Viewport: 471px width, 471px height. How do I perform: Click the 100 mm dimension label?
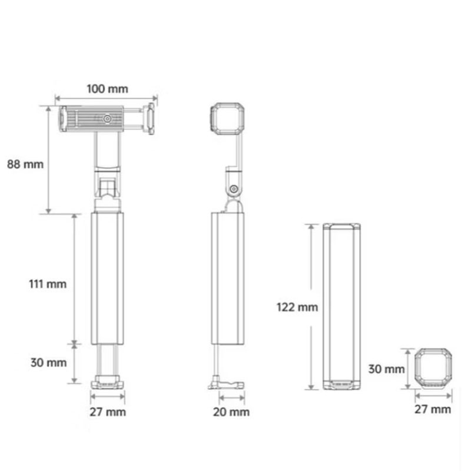[x=107, y=89]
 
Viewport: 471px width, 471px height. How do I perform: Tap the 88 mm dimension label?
[x=25, y=164]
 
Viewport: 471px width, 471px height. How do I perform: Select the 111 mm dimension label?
[x=48, y=284]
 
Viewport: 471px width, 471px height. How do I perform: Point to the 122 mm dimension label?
[x=297, y=307]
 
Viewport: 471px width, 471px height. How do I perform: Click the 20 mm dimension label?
[x=231, y=412]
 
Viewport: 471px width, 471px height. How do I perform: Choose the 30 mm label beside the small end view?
[x=386, y=369]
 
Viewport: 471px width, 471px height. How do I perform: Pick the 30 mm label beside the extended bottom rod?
[x=49, y=363]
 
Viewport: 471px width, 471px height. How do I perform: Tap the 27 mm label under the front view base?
[x=108, y=412]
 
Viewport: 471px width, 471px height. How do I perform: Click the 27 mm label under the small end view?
[x=433, y=409]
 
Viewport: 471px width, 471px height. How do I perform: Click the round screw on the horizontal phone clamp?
[x=107, y=119]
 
